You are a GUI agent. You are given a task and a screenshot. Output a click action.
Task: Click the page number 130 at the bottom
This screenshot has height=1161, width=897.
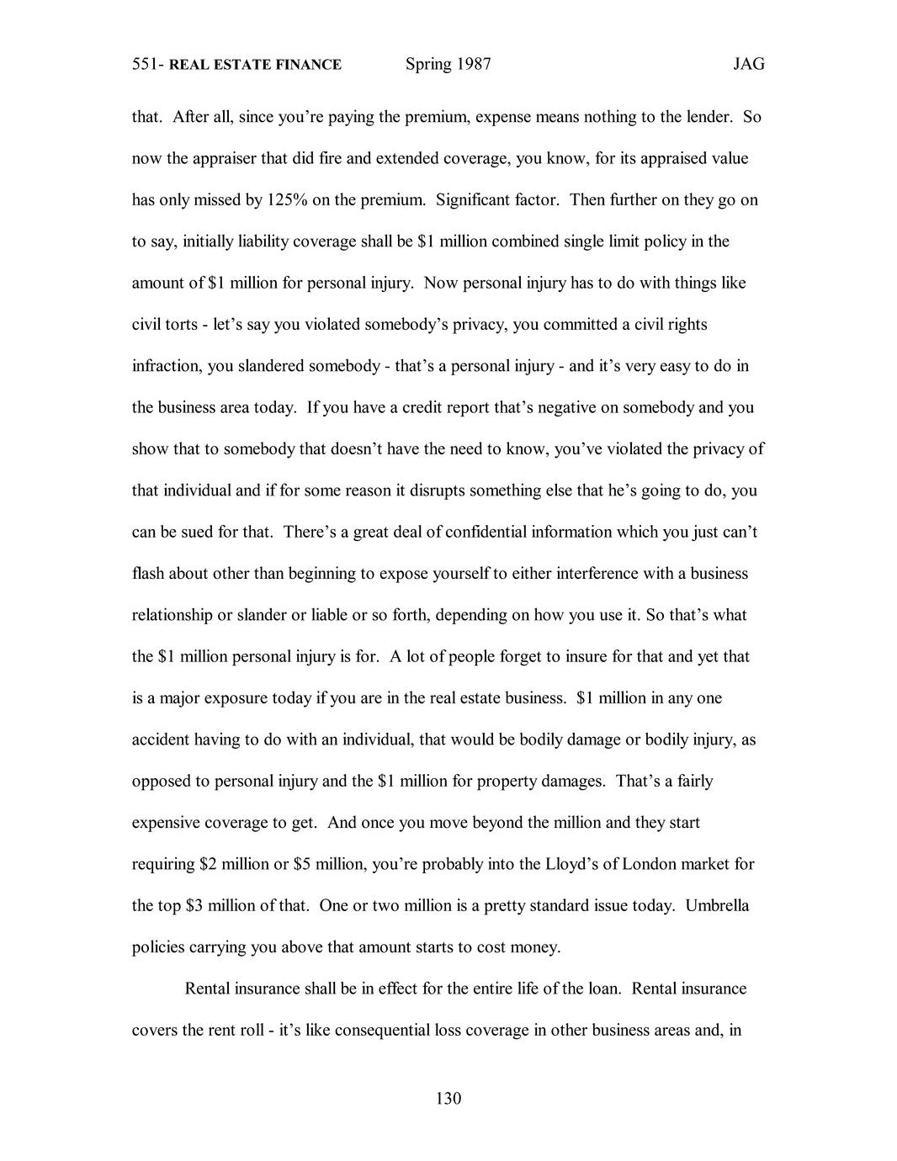tap(448, 1098)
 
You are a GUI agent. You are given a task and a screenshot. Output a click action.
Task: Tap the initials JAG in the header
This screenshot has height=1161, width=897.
tap(748, 65)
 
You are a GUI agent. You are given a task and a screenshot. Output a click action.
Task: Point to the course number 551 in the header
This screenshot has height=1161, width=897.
tap(146, 65)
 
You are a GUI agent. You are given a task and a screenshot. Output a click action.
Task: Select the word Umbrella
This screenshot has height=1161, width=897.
tap(717, 906)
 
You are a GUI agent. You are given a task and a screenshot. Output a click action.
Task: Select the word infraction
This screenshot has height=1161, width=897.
tap(165, 366)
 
